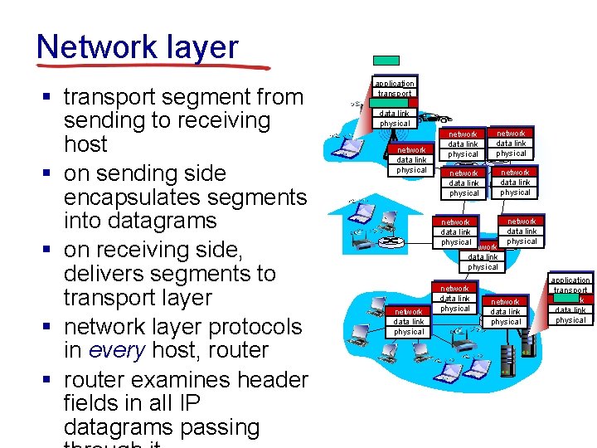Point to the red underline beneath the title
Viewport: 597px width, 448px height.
pos(154,66)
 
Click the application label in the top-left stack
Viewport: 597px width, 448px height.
pos(394,84)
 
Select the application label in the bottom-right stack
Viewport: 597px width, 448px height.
pos(571,280)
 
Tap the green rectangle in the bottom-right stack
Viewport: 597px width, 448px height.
pos(588,299)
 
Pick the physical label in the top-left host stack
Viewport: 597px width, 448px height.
pos(395,124)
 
